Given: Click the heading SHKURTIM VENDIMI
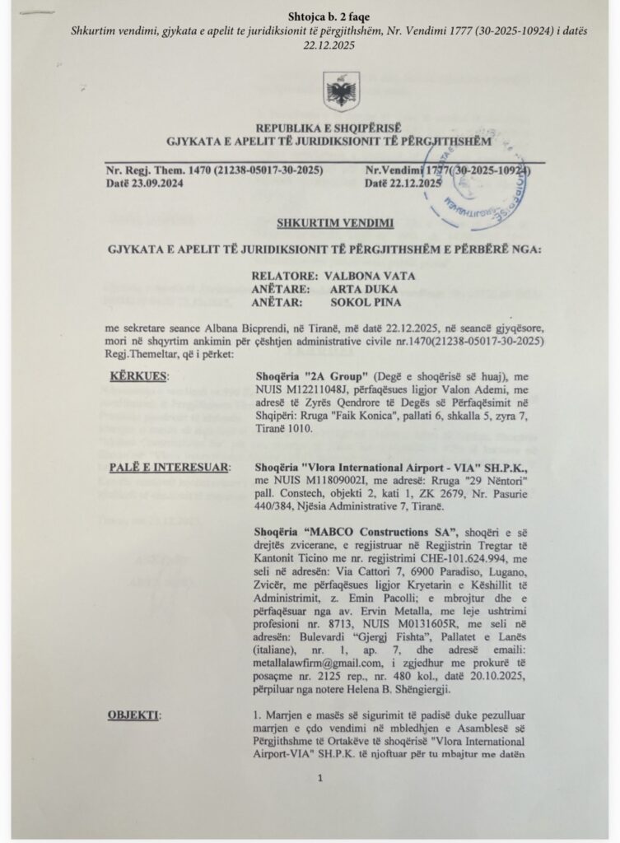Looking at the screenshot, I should coord(323,223).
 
